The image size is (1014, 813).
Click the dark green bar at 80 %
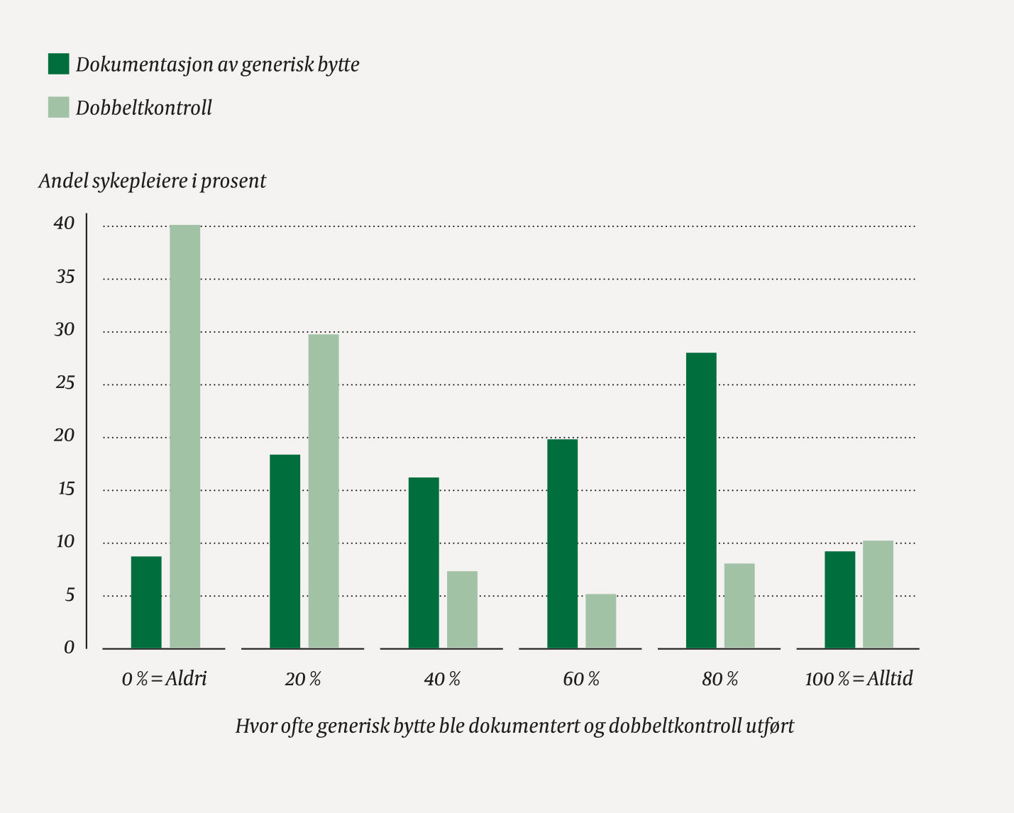click(x=701, y=500)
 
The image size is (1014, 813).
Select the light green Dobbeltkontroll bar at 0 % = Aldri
click(x=185, y=436)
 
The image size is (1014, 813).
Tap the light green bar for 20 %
click(x=324, y=491)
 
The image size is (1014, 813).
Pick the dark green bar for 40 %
click(x=424, y=563)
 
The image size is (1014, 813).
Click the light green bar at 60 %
click(x=600, y=621)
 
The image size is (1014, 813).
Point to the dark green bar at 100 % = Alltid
click(x=839, y=599)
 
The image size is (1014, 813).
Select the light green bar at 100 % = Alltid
click(x=878, y=594)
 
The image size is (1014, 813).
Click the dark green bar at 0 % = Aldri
click(x=146, y=602)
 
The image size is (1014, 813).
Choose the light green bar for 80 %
click(x=739, y=605)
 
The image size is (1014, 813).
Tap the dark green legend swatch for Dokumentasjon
click(x=58, y=64)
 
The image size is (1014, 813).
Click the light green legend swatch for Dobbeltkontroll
click(x=58, y=107)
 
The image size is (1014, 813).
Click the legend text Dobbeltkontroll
click(x=144, y=108)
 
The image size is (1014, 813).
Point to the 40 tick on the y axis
click(x=64, y=223)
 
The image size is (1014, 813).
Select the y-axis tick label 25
click(x=65, y=383)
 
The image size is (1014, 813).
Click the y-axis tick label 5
click(x=70, y=594)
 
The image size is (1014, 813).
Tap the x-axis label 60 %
click(x=581, y=679)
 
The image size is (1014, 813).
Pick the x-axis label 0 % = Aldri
click(x=164, y=679)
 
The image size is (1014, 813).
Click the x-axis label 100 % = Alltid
click(x=859, y=679)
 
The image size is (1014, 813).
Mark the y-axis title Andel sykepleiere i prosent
click(x=152, y=181)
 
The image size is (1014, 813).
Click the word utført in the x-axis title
click(x=769, y=726)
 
